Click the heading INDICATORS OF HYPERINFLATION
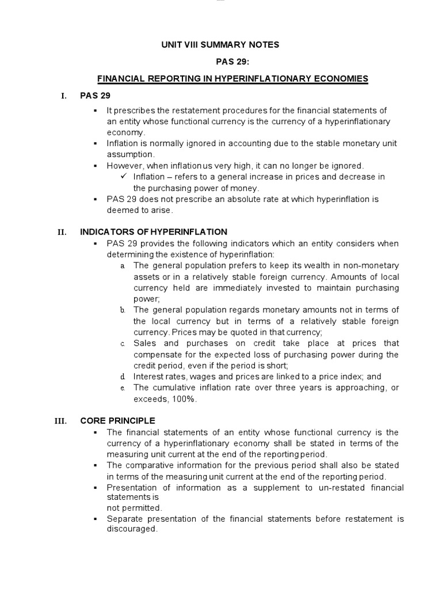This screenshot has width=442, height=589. [154, 232]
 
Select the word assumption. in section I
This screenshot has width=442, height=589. [131, 154]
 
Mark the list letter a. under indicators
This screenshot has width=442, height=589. [123, 266]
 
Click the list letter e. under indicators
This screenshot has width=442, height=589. [123, 388]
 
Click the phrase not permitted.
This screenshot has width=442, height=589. [135, 508]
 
